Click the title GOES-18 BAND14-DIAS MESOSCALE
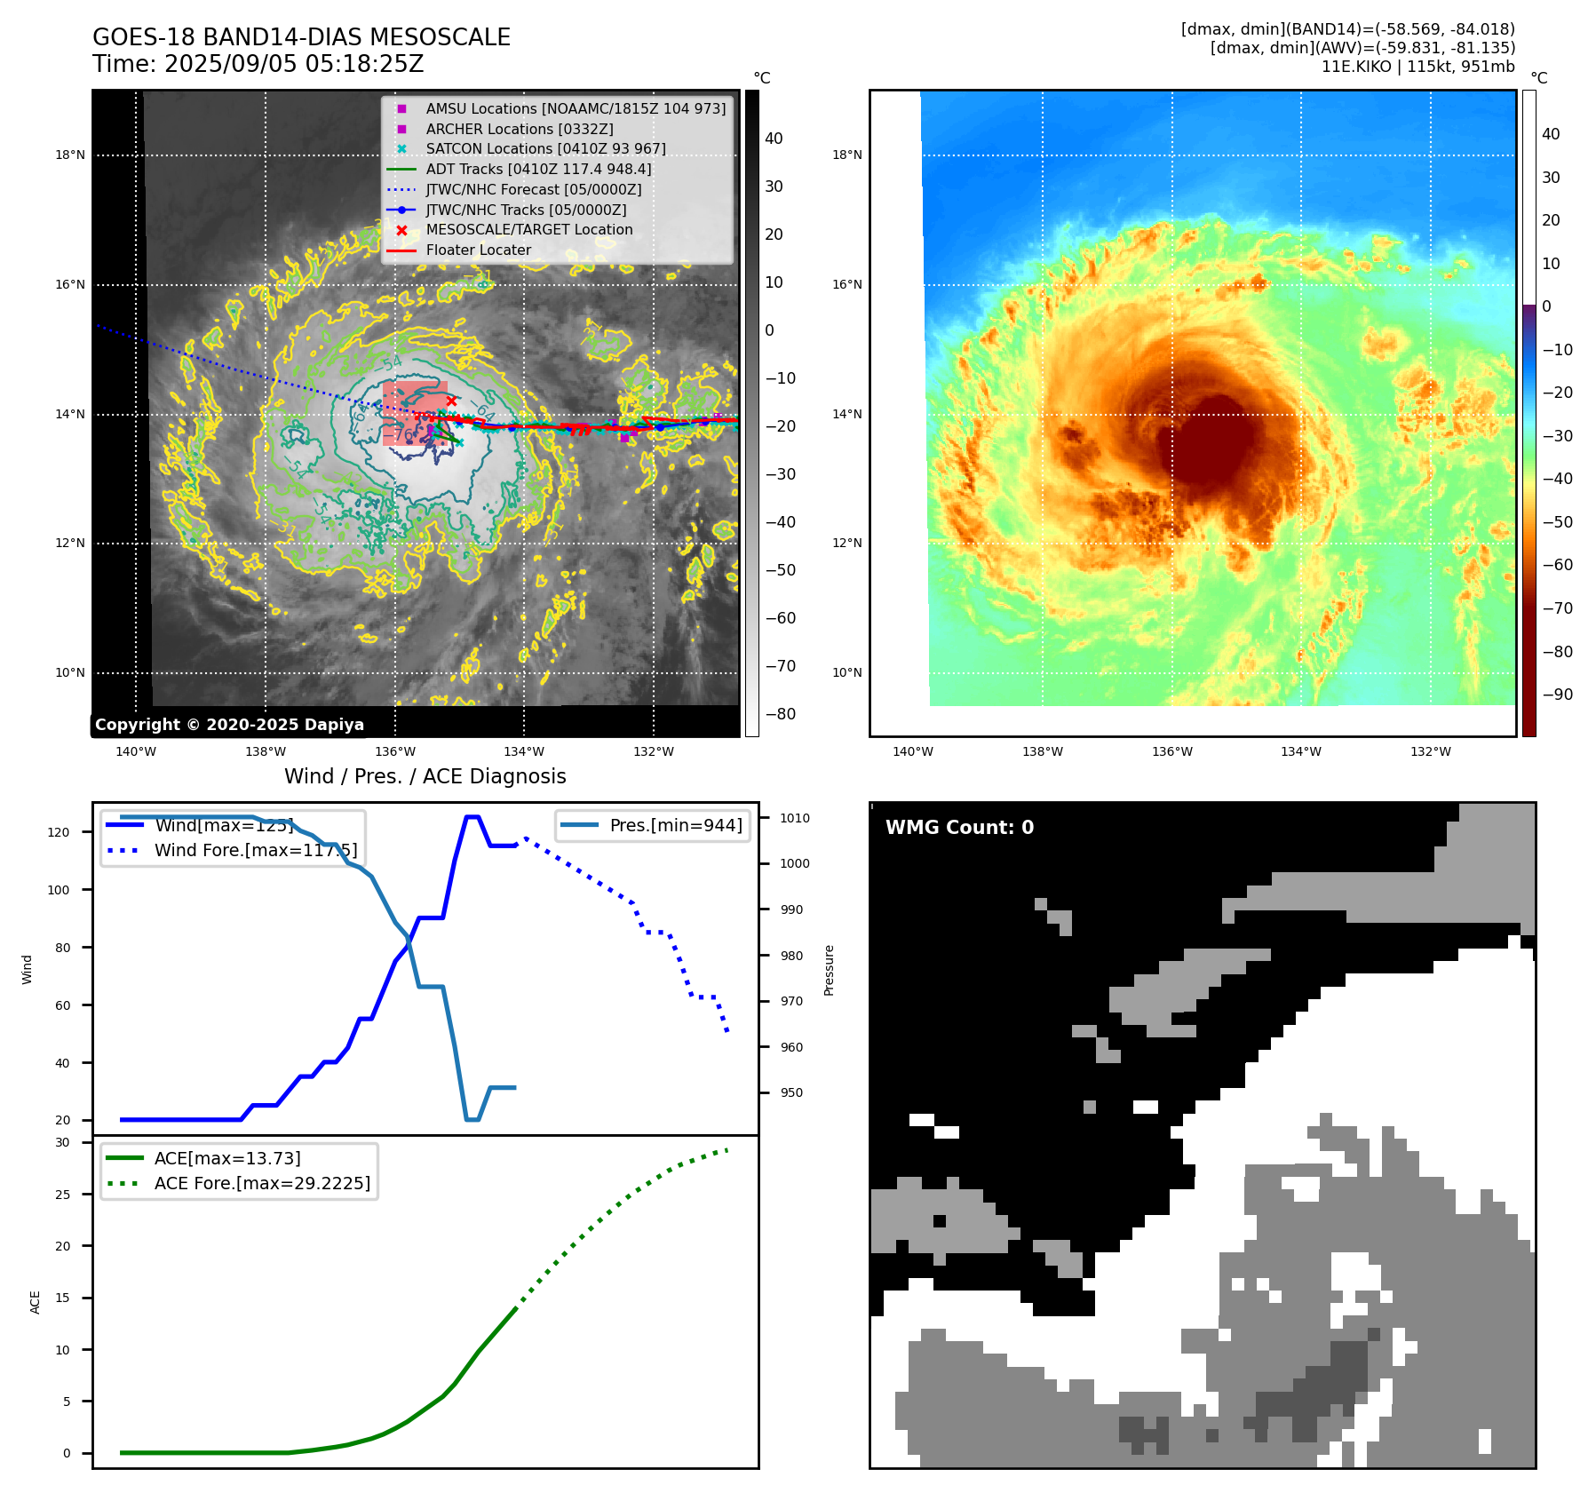tap(301, 37)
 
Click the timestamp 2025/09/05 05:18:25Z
tap(294, 65)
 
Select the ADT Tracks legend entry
tap(538, 169)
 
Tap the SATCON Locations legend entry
tap(545, 148)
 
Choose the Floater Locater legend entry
tap(478, 250)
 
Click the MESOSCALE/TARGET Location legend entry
tap(528, 229)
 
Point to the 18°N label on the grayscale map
tap(70, 155)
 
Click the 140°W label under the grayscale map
tap(136, 752)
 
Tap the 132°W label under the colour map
tap(1430, 752)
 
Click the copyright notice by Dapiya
tap(229, 725)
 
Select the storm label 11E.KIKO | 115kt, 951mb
tap(1417, 67)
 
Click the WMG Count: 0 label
tap(959, 828)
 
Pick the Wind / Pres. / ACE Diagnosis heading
tap(425, 777)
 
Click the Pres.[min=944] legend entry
tap(675, 826)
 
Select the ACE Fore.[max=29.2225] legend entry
tap(262, 1183)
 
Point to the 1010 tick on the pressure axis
tap(795, 818)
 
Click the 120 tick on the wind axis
tap(58, 832)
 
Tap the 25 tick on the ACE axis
tap(62, 1195)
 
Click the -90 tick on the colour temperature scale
tap(1556, 695)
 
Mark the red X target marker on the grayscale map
tap(451, 401)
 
